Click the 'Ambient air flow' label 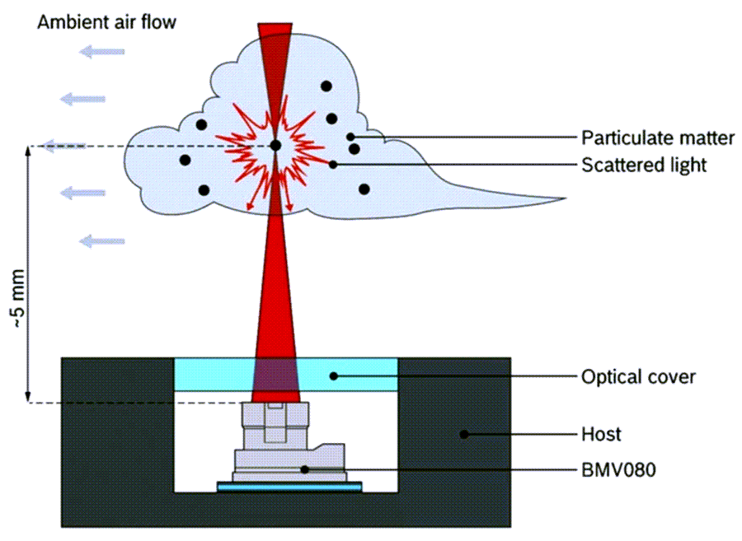point(106,22)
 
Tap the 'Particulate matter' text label point(658,138)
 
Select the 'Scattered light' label point(644,165)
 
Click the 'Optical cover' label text point(638,377)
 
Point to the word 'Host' point(601,434)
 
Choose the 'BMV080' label point(618,470)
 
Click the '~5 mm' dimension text point(18,299)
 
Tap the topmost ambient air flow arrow point(101,52)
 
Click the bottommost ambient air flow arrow point(101,241)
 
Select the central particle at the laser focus point(275,146)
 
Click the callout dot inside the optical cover point(334,376)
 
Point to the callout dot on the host point(464,434)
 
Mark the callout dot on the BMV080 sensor point(305,469)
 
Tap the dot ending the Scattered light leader point(333,165)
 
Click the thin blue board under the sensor point(289,486)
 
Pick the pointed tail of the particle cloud point(565,199)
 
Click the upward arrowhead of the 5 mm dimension point(28,151)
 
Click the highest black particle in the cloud point(326,86)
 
